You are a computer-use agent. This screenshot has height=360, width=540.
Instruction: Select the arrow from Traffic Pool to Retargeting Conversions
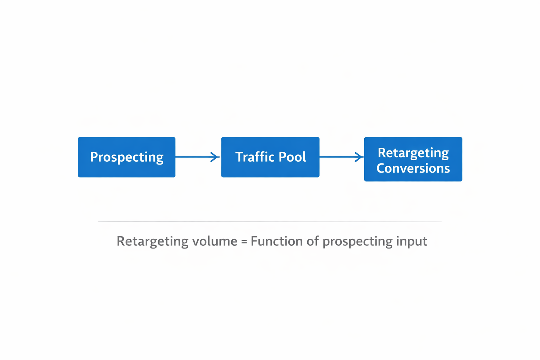pos(337,157)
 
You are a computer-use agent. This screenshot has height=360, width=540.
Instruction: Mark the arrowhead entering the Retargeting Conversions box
pos(359,157)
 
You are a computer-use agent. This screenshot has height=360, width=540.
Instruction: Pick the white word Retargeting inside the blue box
pos(413,153)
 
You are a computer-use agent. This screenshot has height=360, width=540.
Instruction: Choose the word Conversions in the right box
pos(413,168)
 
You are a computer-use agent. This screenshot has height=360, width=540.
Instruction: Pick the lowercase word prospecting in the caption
pos(357,242)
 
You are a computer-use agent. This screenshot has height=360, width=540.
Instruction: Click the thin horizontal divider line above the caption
pos(270,222)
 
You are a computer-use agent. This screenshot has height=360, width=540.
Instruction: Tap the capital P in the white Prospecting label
pos(94,157)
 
